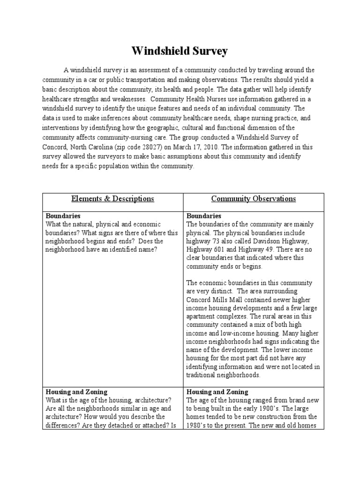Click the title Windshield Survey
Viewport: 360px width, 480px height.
pos(180,51)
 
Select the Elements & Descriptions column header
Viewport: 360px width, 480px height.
pos(112,199)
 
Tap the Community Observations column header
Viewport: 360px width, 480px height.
pos(253,199)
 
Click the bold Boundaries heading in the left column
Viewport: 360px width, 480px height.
pos(63,216)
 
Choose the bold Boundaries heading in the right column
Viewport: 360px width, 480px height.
pos(204,216)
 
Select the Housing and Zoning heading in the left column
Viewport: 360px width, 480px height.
pos(76,391)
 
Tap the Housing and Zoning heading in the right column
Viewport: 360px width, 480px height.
pos(217,391)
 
